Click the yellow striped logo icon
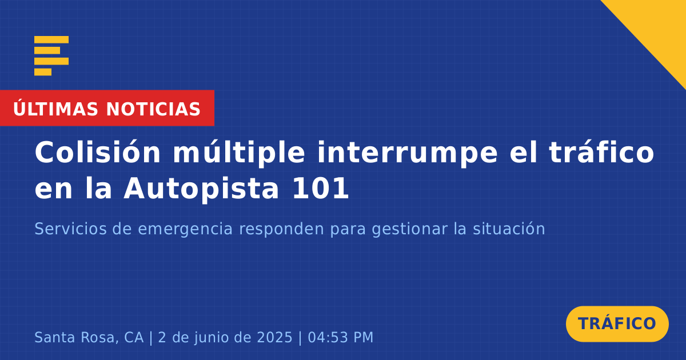51,56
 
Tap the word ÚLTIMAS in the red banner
55,109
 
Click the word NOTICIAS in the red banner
153,109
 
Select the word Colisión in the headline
98,152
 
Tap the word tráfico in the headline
601,152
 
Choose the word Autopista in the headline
201,188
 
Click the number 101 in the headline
321,188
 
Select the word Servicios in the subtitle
70,229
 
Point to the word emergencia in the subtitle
185,230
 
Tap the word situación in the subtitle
509,229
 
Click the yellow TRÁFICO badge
617,323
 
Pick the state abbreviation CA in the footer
134,337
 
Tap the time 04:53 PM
341,337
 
